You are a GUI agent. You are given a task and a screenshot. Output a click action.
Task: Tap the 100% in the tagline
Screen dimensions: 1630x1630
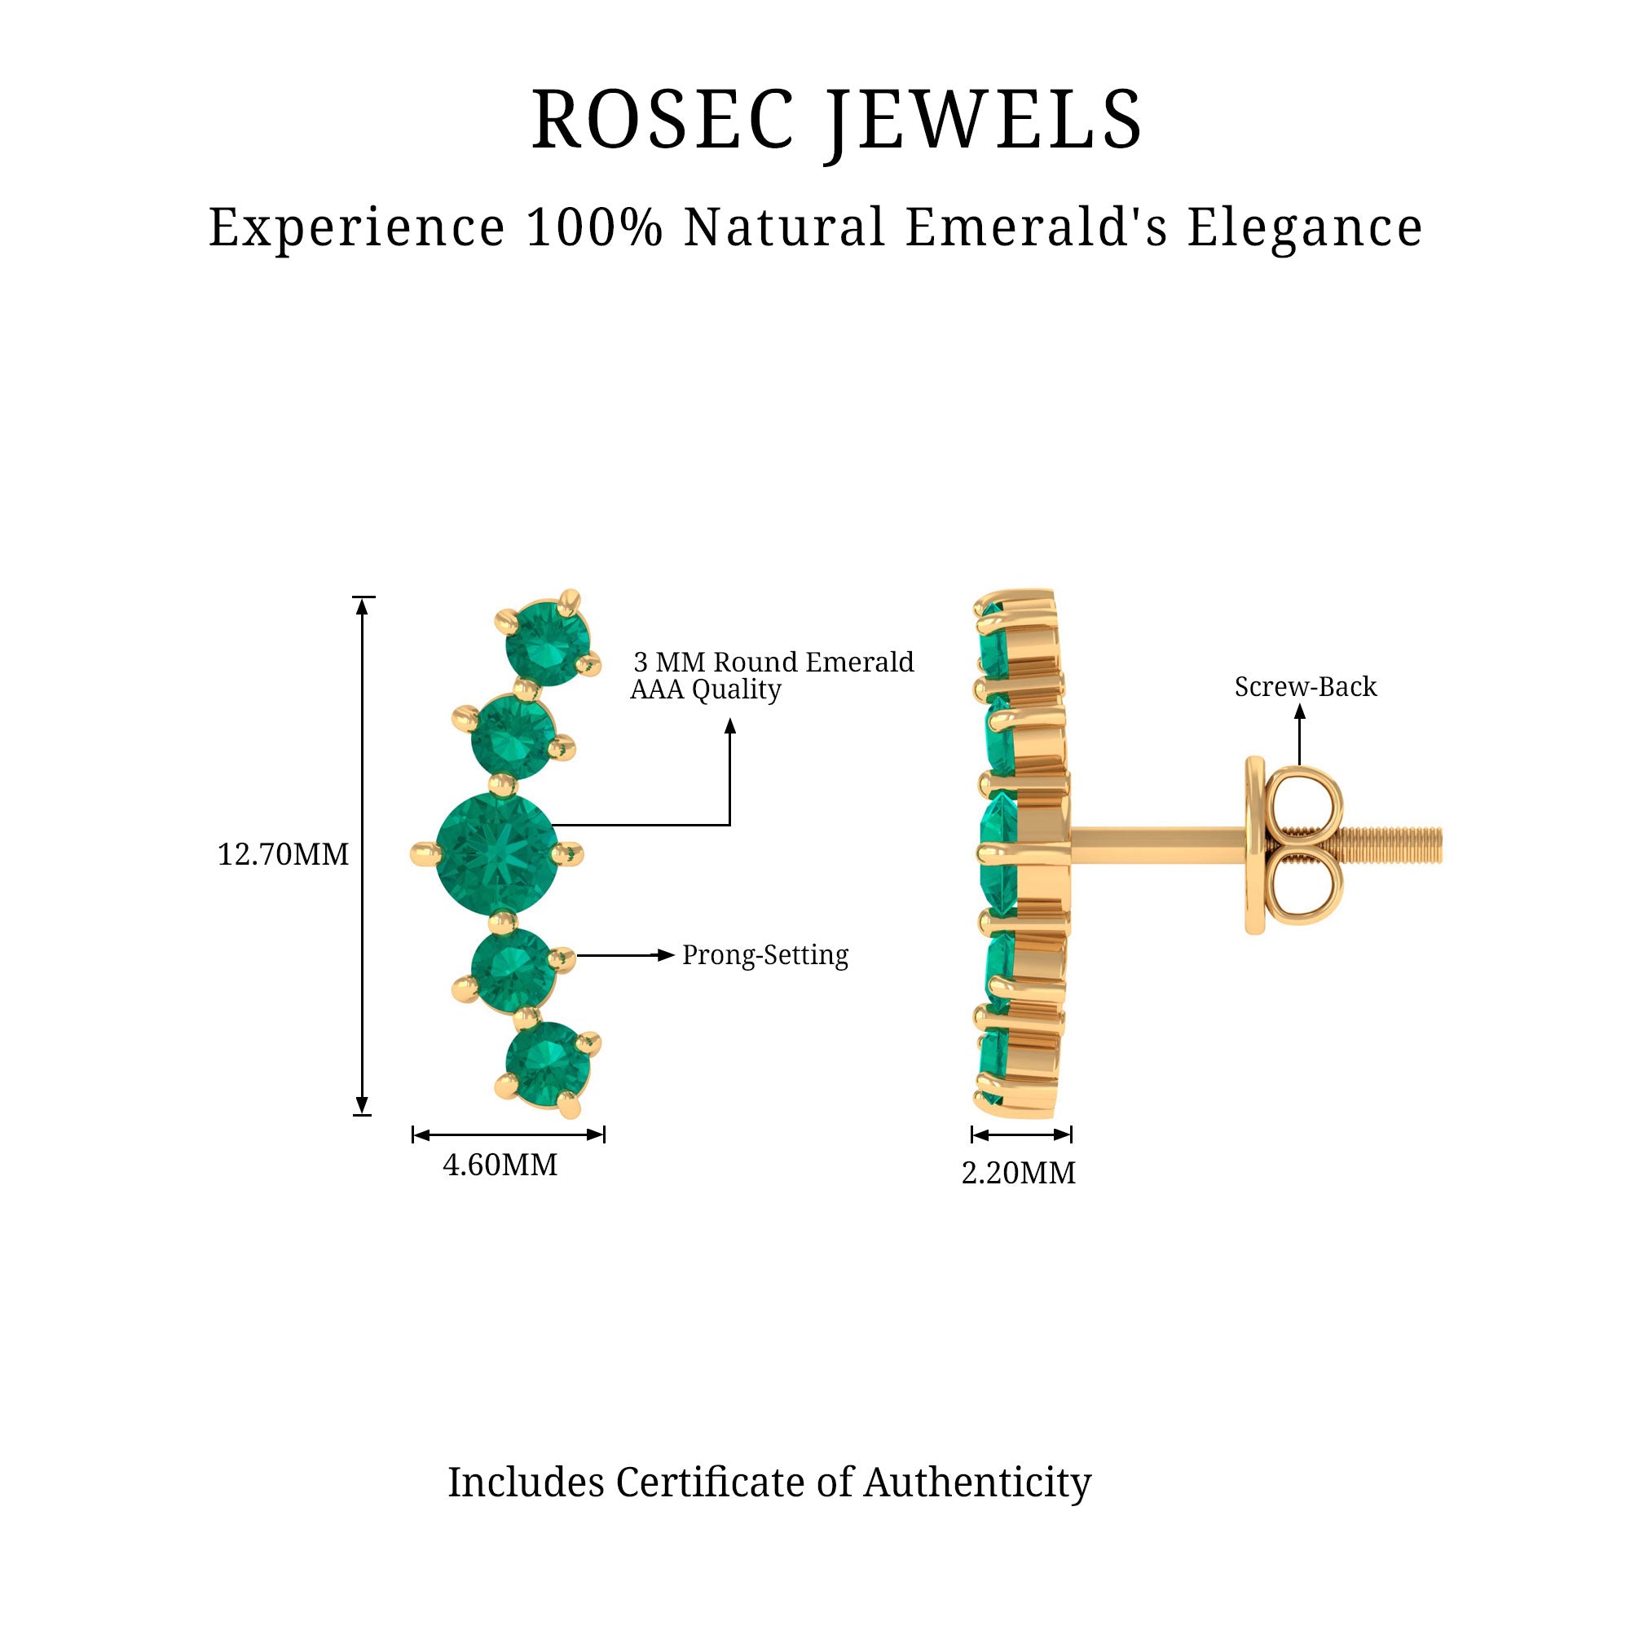(594, 228)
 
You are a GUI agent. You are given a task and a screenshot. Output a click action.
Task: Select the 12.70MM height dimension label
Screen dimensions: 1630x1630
(283, 855)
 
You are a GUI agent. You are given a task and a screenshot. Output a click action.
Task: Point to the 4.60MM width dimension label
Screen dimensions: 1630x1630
(500, 1165)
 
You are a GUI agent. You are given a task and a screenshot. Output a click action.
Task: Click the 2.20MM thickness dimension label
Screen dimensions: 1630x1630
(1018, 1174)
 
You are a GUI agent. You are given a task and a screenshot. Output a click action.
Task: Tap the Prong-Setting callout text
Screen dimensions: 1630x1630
(765, 955)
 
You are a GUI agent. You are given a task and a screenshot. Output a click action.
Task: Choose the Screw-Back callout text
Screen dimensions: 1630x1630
(1305, 687)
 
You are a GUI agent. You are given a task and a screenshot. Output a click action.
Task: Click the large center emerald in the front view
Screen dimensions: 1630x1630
(496, 854)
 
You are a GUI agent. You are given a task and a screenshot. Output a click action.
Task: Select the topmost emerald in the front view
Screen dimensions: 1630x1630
(548, 643)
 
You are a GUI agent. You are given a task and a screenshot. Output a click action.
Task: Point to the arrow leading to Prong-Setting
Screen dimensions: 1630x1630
(624, 955)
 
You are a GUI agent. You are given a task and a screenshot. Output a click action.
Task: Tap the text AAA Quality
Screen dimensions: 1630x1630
(705, 689)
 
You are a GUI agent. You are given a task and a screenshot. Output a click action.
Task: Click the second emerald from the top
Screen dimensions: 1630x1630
(512, 736)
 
